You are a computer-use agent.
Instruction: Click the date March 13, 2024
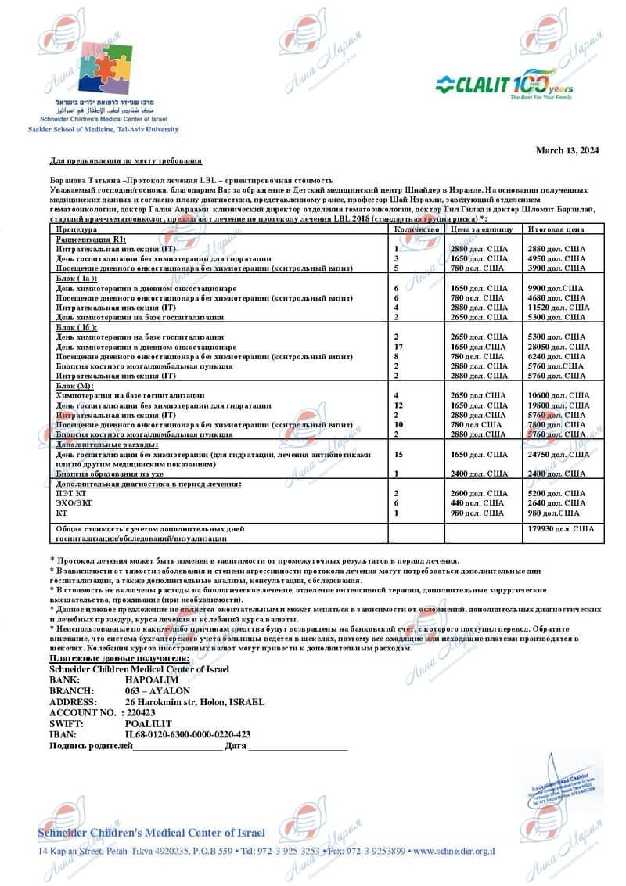pyautogui.click(x=567, y=150)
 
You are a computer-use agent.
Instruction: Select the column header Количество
pyautogui.click(x=416, y=229)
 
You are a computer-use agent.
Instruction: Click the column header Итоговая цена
pyautogui.click(x=556, y=229)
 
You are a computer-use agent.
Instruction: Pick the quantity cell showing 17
pyautogui.click(x=398, y=346)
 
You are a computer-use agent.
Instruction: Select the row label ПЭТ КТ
pyautogui.click(x=70, y=493)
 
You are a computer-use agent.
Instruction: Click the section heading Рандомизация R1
pyautogui.click(x=85, y=239)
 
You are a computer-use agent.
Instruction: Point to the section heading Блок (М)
pyautogui.click(x=74, y=386)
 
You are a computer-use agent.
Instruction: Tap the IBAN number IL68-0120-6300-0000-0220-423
pyautogui.click(x=188, y=734)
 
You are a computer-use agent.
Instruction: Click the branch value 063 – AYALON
pyautogui.click(x=157, y=691)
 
